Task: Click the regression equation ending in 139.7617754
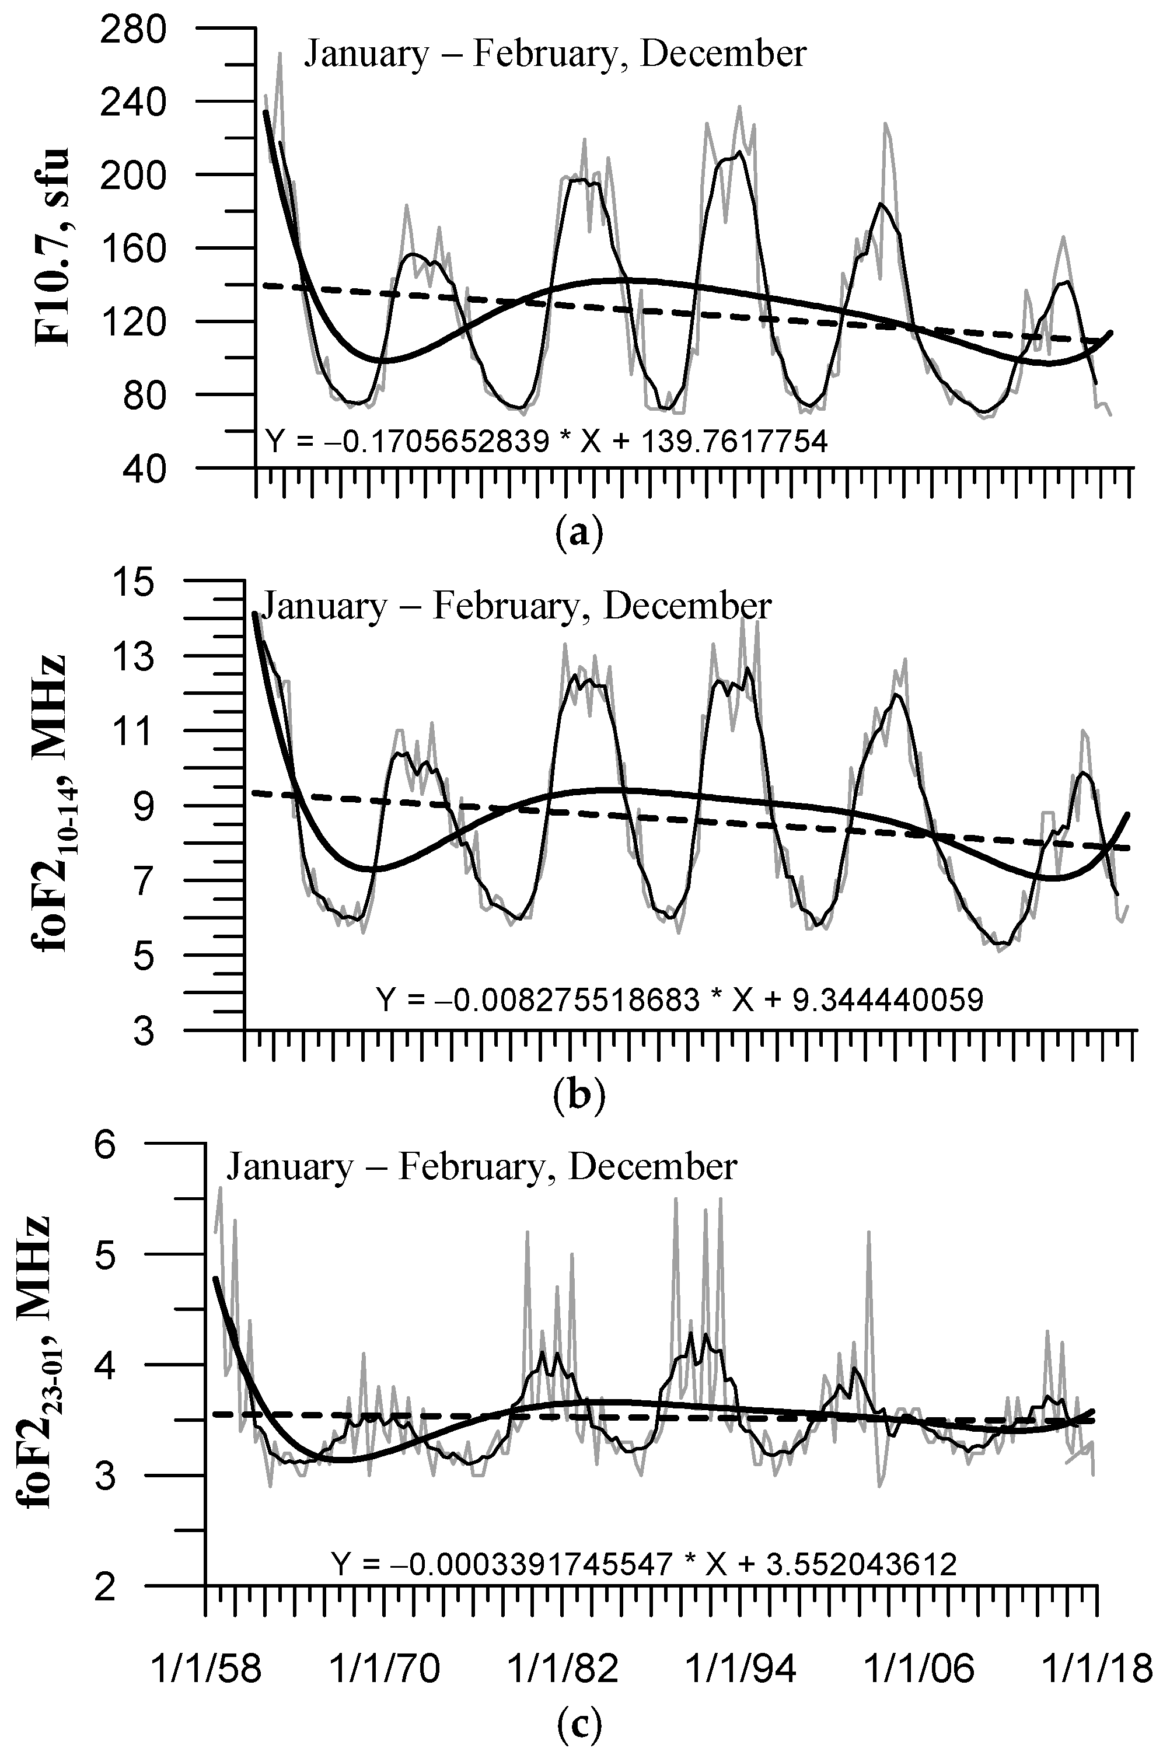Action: click(x=545, y=443)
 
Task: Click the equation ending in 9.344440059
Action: click(x=679, y=999)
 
